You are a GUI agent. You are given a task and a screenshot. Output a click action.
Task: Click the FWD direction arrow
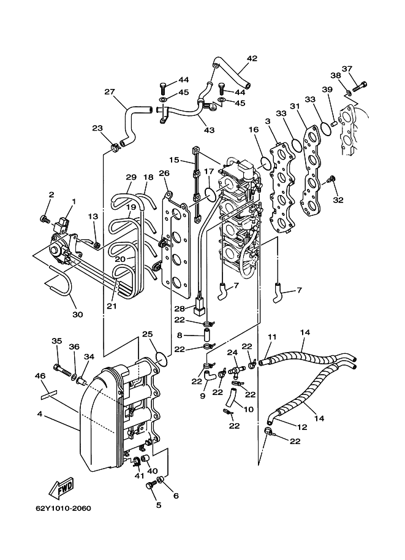pyautogui.click(x=61, y=488)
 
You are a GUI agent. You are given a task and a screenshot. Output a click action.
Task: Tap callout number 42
pyautogui.click(x=252, y=58)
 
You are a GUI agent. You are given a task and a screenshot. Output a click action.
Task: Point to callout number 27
pyautogui.click(x=110, y=92)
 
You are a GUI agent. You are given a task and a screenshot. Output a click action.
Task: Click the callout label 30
pyautogui.click(x=77, y=314)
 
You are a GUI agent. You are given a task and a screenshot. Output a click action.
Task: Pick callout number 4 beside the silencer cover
pyautogui.click(x=40, y=414)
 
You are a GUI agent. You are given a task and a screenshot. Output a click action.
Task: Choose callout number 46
pyautogui.click(x=40, y=376)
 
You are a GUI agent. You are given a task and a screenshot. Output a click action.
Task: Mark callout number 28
pyautogui.click(x=180, y=308)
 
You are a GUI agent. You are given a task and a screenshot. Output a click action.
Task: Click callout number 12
pyautogui.click(x=302, y=427)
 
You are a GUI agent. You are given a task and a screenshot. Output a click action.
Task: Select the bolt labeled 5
pyautogui.click(x=150, y=486)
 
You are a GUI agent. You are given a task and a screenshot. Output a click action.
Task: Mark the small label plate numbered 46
pyautogui.click(x=48, y=394)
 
